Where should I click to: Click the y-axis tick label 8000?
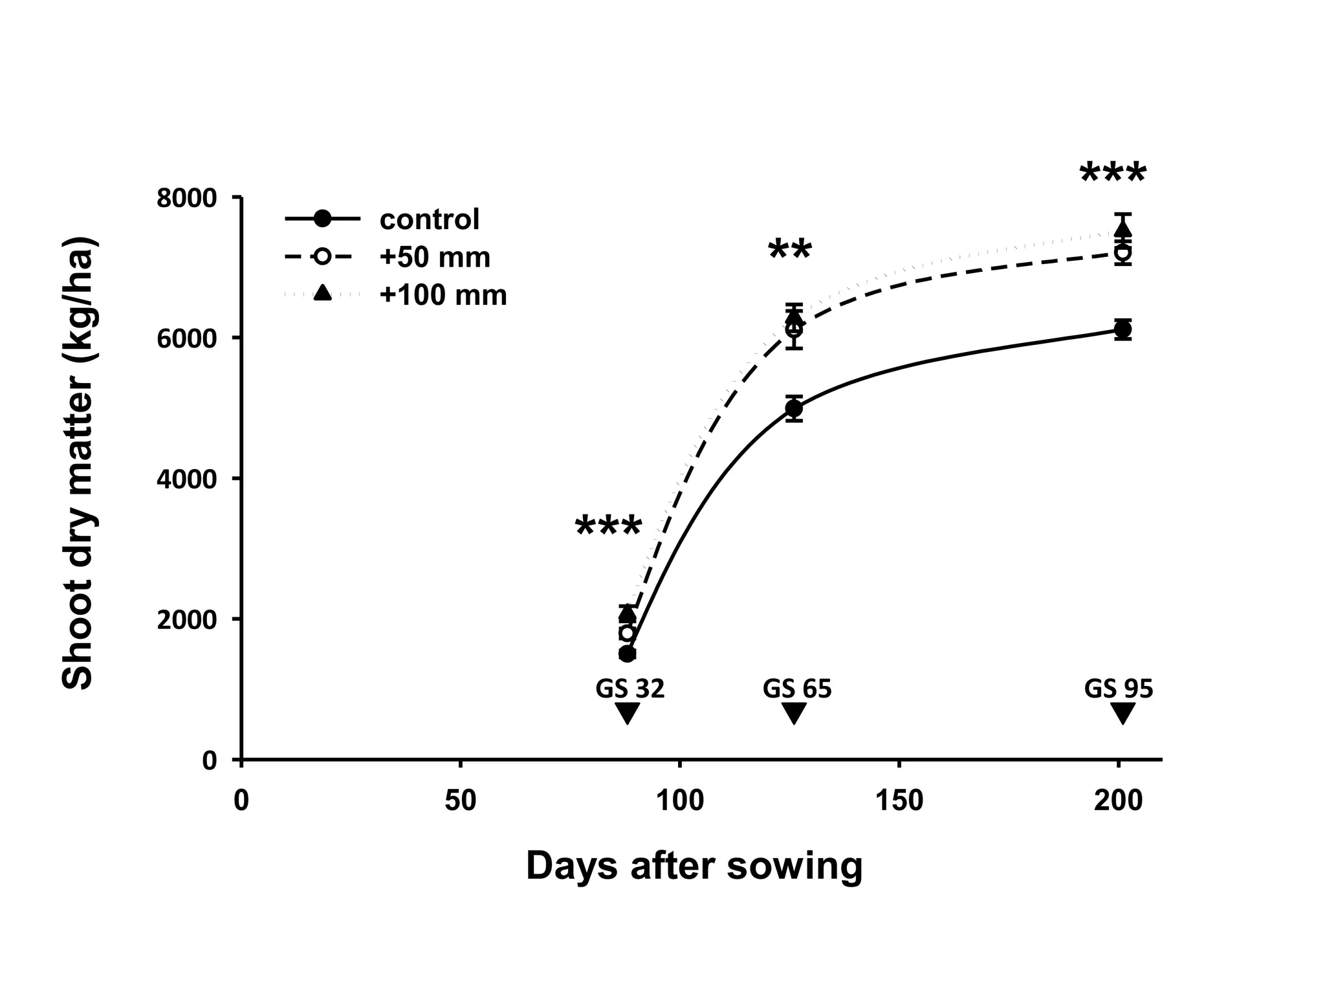(x=186, y=198)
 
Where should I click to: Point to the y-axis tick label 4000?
(x=186, y=479)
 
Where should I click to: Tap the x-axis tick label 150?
(x=899, y=801)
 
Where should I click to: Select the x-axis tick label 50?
(x=460, y=801)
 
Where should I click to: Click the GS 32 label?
(x=630, y=689)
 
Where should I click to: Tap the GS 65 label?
(x=796, y=689)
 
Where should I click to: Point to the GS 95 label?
(x=1119, y=689)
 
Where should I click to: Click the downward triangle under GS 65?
(x=794, y=713)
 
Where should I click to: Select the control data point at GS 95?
(x=1123, y=329)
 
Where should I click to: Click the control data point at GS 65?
(x=794, y=408)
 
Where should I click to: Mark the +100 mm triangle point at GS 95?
(x=1123, y=228)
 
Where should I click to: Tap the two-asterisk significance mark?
(x=790, y=250)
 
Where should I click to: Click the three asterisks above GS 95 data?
(x=1113, y=174)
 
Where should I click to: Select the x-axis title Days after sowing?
(x=694, y=866)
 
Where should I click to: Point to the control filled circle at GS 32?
(x=627, y=654)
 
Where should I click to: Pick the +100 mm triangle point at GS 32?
(x=627, y=612)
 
